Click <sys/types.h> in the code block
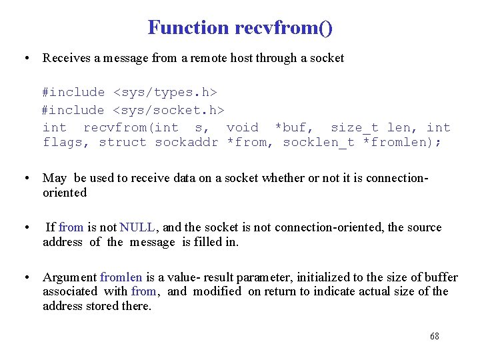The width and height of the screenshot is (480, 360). (x=165, y=92)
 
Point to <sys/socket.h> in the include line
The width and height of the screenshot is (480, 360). (x=169, y=110)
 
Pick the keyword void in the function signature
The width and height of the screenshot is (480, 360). (x=242, y=127)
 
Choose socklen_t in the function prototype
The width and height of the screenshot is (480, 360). (x=319, y=142)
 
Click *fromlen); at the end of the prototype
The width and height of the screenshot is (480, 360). (x=401, y=142)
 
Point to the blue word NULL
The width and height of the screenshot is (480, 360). (x=137, y=227)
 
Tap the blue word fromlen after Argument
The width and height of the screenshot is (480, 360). (x=121, y=277)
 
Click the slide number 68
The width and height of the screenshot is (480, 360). (x=435, y=336)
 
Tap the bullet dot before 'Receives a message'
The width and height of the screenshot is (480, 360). (x=25, y=58)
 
